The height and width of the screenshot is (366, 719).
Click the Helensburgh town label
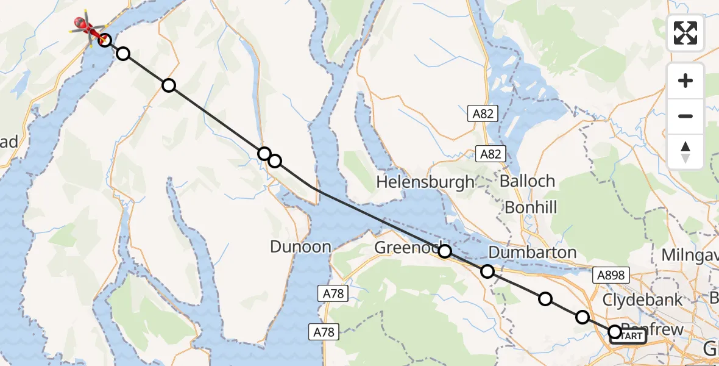click(x=425, y=181)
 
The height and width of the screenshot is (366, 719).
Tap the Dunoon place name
click(x=301, y=247)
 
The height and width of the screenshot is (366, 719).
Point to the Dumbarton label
click(x=532, y=253)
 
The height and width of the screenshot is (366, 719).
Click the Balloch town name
click(x=527, y=181)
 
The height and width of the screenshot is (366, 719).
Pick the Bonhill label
click(x=531, y=207)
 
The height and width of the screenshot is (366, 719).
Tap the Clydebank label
click(x=642, y=300)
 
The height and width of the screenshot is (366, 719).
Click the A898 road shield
click(x=611, y=275)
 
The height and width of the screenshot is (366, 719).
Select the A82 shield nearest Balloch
click(x=490, y=154)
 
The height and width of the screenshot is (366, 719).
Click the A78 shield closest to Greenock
click(x=333, y=294)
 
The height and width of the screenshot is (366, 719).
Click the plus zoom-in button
click(x=685, y=81)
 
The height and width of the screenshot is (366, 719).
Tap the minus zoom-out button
click(x=685, y=116)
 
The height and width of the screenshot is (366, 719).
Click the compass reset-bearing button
click(x=685, y=151)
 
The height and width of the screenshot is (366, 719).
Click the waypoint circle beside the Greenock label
click(x=445, y=251)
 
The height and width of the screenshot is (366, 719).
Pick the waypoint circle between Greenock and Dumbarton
click(x=487, y=271)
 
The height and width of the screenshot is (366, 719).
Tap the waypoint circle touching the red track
click(x=105, y=40)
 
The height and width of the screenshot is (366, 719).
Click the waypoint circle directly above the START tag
click(x=615, y=331)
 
